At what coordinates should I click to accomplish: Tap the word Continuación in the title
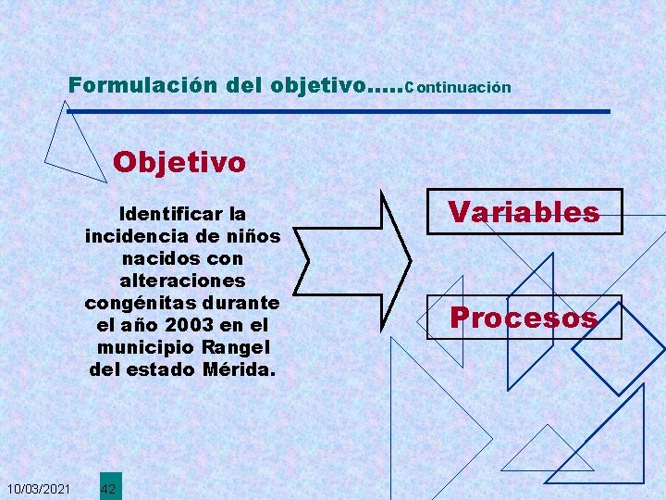click(458, 88)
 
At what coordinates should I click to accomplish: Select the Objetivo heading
click(179, 163)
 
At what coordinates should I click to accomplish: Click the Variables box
click(524, 212)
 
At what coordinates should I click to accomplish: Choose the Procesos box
click(524, 318)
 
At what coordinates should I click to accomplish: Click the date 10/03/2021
click(38, 488)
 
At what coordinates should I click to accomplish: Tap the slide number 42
click(108, 488)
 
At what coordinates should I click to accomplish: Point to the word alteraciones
click(182, 281)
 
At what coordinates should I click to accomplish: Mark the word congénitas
click(140, 303)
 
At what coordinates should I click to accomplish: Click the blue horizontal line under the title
click(339, 112)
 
